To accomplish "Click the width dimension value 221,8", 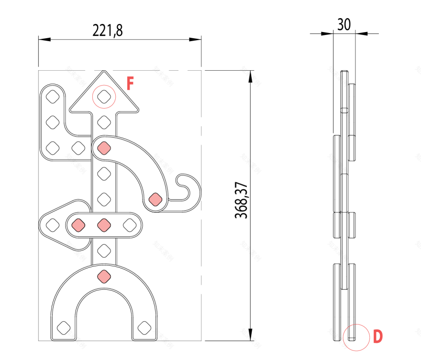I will click(x=108, y=31).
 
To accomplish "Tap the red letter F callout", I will click(x=130, y=84).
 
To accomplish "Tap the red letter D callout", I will click(x=378, y=337).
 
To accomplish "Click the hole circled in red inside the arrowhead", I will click(x=104, y=97).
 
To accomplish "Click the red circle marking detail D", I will click(x=356, y=337).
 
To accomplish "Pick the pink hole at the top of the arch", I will click(x=103, y=276).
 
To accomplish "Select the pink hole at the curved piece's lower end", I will click(x=155, y=199).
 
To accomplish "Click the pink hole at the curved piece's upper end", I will click(x=103, y=148).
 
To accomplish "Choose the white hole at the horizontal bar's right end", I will click(x=129, y=224).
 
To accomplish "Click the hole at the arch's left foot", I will click(x=63, y=328).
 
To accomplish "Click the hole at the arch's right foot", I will click(x=143, y=328).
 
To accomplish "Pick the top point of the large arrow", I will click(x=103, y=72).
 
